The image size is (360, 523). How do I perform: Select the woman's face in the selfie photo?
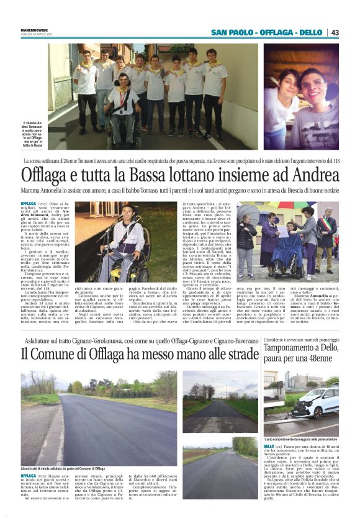[284, 90]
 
